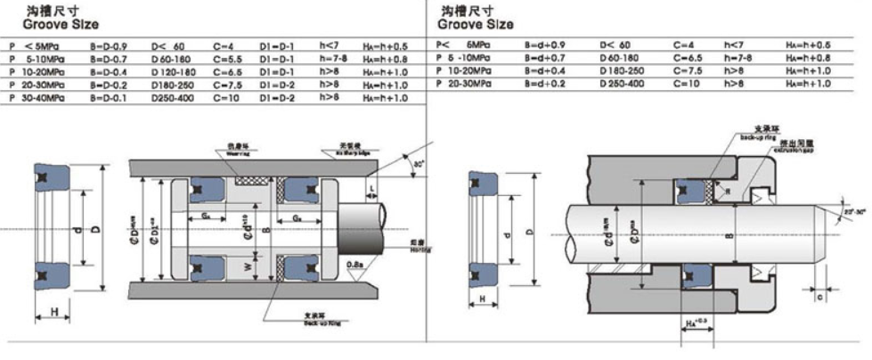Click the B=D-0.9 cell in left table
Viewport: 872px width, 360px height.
point(109,42)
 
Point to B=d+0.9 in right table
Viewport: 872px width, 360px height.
point(546,44)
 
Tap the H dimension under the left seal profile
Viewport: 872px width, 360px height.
point(55,312)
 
